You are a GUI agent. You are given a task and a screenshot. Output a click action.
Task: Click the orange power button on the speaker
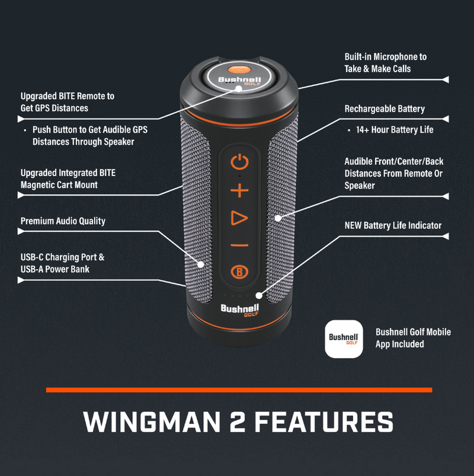click(239, 161)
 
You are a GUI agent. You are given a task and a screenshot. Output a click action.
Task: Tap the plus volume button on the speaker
click(239, 191)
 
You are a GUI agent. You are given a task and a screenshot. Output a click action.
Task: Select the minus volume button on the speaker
click(239, 245)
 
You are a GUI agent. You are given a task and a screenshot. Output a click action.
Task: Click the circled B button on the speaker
click(239, 272)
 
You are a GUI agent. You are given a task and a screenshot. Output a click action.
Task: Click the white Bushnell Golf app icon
click(344, 338)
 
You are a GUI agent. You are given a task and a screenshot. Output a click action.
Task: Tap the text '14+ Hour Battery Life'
click(395, 130)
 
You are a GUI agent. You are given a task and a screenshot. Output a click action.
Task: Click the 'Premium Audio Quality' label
click(63, 221)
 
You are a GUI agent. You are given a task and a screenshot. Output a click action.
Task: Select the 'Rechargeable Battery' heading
click(385, 109)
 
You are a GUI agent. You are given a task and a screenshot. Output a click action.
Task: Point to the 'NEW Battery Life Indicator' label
click(393, 225)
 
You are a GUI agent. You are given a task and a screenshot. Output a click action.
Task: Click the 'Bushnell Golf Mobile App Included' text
click(413, 338)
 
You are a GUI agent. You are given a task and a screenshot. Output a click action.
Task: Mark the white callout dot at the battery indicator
click(259, 295)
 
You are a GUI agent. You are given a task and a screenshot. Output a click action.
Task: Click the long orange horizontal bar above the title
click(239, 389)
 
